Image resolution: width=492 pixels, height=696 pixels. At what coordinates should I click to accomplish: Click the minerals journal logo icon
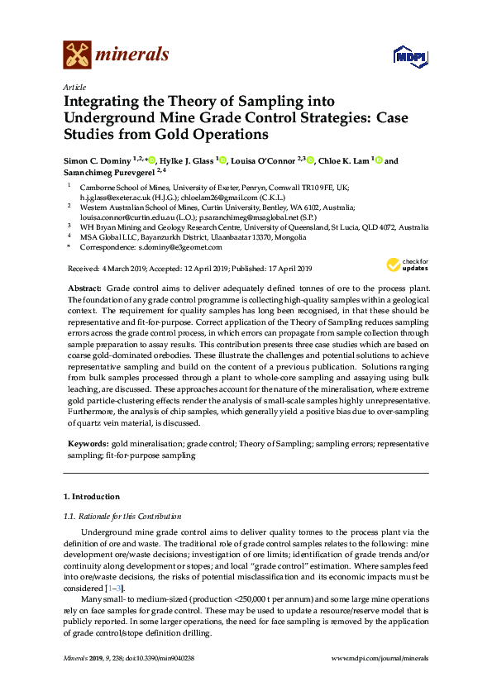tap(77, 55)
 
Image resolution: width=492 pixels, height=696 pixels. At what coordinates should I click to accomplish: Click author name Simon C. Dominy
tap(100, 160)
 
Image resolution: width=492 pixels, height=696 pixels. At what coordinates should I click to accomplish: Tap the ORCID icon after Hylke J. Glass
tap(222, 160)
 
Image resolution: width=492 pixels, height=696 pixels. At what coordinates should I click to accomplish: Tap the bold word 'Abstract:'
tap(84, 285)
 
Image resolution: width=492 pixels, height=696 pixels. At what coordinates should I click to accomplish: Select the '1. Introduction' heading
tap(92, 497)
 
